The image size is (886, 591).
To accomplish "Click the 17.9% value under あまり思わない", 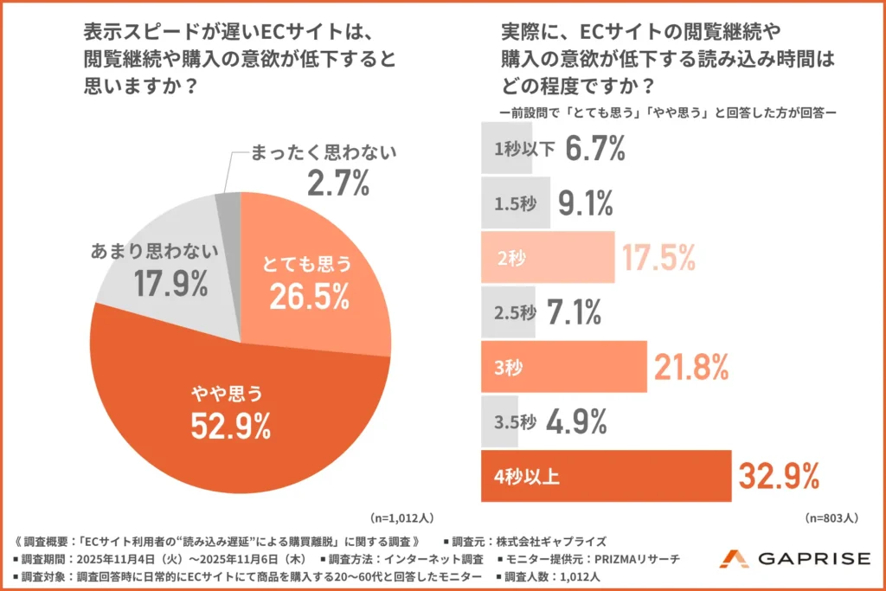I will [170, 282].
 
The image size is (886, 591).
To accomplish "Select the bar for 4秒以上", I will [606, 476].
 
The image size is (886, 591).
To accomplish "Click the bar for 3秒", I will [563, 366].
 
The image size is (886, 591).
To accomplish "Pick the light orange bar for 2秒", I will [547, 257].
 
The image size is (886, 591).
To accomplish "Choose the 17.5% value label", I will [658, 258].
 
